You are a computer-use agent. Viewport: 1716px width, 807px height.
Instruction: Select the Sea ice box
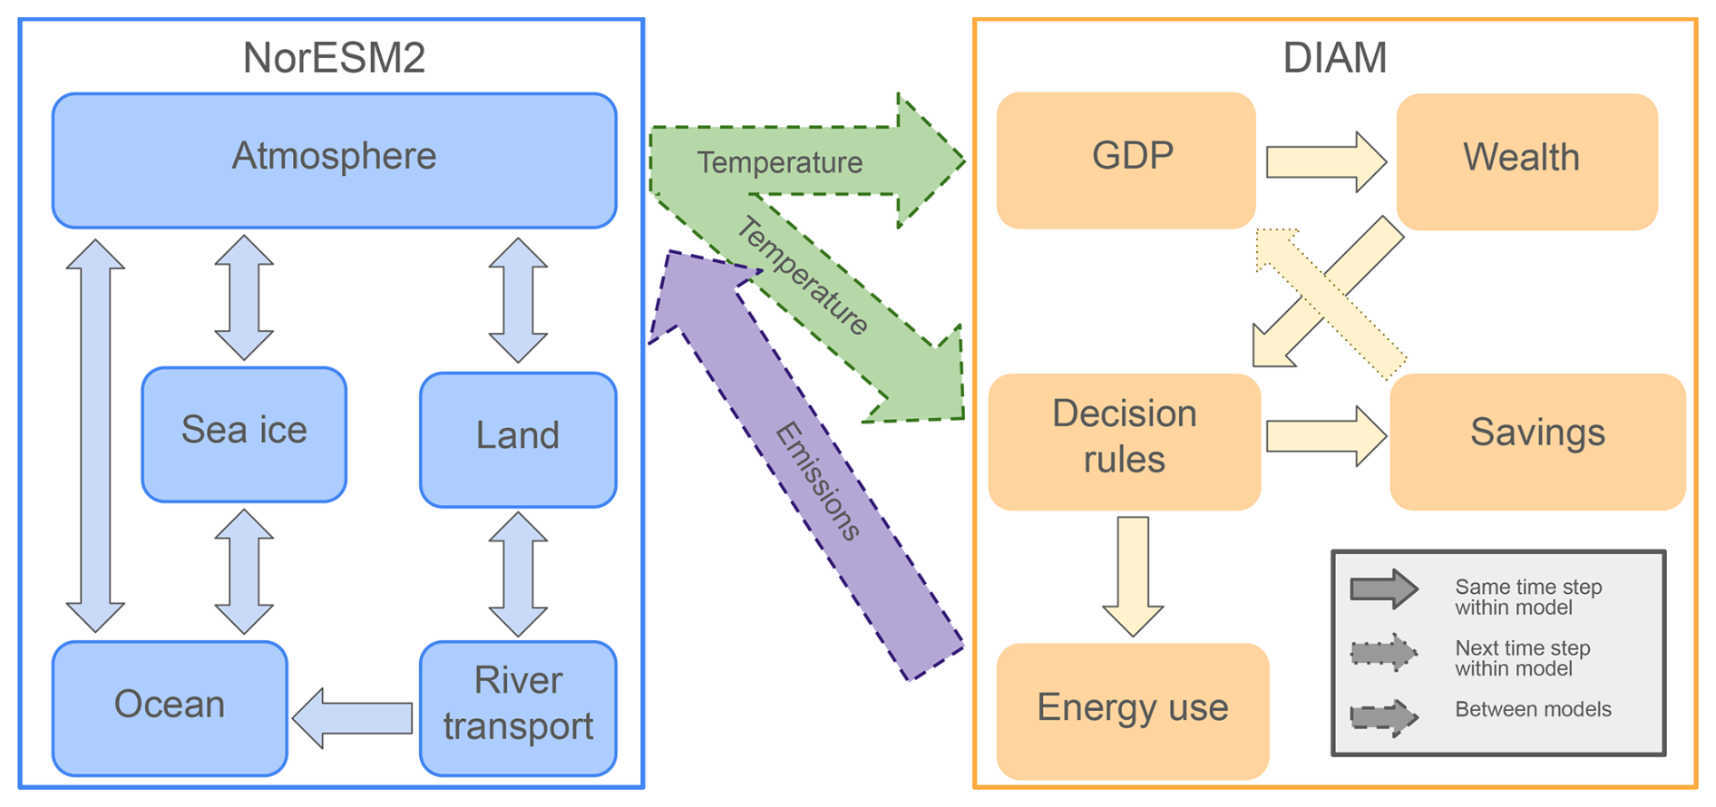click(244, 434)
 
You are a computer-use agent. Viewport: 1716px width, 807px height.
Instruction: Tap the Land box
click(518, 439)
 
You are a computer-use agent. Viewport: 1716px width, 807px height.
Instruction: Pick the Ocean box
click(170, 708)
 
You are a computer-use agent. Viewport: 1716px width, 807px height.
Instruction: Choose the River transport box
click(518, 708)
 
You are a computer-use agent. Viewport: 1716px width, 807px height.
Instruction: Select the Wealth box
click(1526, 161)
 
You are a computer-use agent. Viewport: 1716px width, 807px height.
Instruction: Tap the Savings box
click(1537, 442)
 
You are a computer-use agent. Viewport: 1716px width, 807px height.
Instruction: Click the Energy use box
click(1133, 711)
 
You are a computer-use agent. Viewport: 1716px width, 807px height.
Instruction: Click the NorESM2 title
click(334, 58)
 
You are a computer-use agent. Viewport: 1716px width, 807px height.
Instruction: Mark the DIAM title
click(1334, 58)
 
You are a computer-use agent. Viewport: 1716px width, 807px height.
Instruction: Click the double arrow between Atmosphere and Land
click(518, 300)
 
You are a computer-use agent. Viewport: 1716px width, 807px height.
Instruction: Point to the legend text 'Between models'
click(1533, 709)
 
